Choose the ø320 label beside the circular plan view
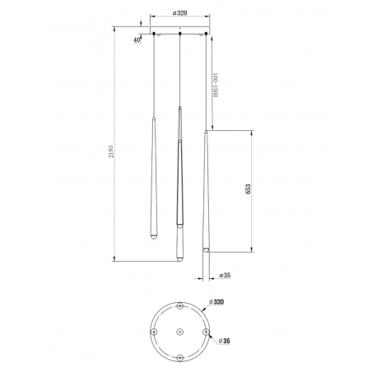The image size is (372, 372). (x=218, y=303)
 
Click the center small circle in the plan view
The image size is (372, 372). (x=179, y=331)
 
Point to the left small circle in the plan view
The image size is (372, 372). (x=152, y=331)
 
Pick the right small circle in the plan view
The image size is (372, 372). (x=207, y=331)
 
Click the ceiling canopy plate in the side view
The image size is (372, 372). (x=179, y=34)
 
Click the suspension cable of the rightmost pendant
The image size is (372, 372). (x=206, y=82)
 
